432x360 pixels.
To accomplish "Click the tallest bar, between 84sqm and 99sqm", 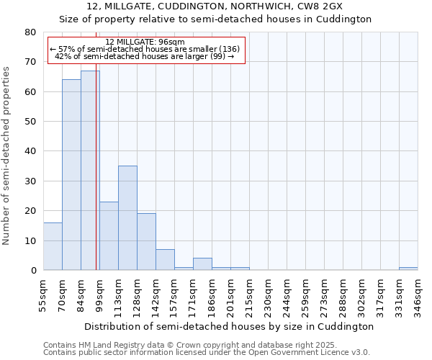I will click(90, 171).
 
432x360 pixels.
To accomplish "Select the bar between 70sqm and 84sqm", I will click(71, 175).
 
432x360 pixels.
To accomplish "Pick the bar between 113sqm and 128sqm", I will click(127, 218).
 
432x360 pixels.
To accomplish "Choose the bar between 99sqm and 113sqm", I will click(109, 236).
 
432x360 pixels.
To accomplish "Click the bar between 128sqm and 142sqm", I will click(146, 242).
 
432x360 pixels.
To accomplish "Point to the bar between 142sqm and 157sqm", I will click(165, 260).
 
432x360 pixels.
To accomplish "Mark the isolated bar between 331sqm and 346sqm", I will click(408, 269).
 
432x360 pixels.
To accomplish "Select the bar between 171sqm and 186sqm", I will click(202, 264).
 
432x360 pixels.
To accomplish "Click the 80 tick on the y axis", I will click(31, 32).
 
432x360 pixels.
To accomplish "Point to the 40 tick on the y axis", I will click(31, 151).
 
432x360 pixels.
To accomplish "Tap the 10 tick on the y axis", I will click(31, 240).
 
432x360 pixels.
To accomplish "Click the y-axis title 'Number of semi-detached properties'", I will click(7, 156).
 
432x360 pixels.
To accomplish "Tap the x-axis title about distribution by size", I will click(229, 326).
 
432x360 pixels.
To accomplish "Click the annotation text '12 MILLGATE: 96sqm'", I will click(145, 42).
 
